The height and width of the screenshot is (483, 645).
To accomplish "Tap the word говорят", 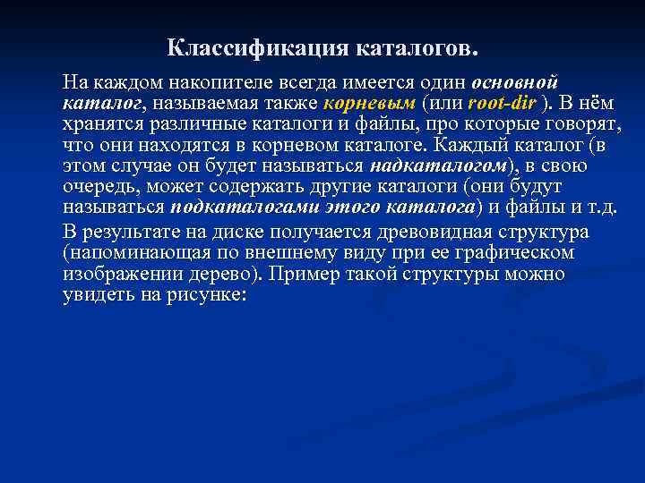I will click(x=574, y=124).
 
